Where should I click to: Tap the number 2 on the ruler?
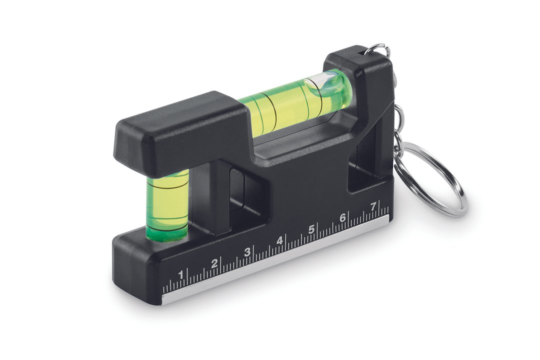coord(214,263)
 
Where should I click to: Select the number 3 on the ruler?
coord(247,252)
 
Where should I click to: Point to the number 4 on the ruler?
coord(279,240)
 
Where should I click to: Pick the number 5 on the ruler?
coord(311,229)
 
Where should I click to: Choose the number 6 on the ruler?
coord(342,218)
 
